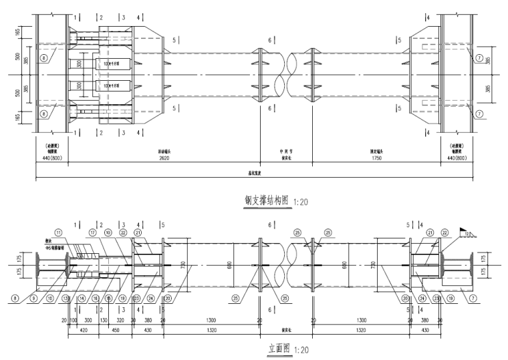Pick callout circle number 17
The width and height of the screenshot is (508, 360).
(x=92, y=233)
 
